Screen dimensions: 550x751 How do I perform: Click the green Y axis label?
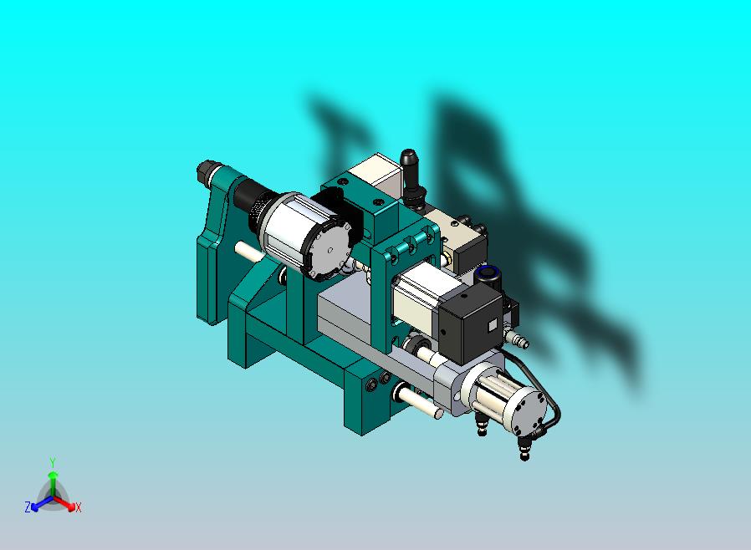coord(52,462)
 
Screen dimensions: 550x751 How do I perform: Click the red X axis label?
coord(78,507)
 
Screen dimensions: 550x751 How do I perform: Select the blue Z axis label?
coord(28,507)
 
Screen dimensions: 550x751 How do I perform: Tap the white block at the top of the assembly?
coord(376,171)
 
